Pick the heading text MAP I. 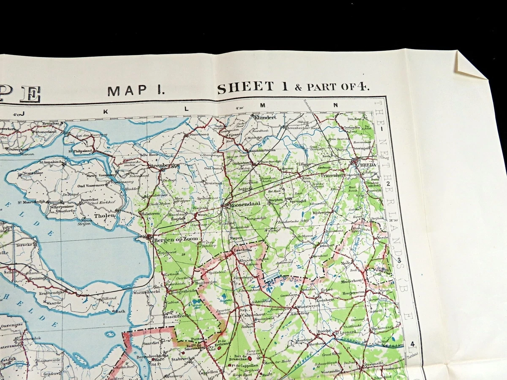[135, 91]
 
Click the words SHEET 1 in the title [252, 87]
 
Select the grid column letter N [336, 105]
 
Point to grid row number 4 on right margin [412, 344]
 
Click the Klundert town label [265, 117]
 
